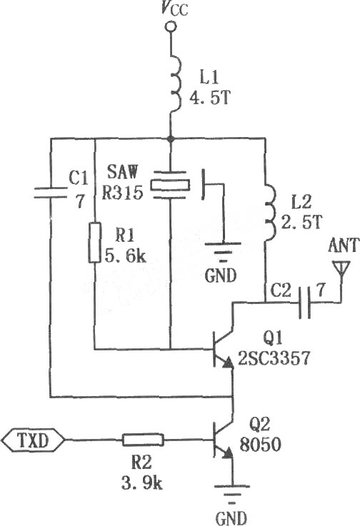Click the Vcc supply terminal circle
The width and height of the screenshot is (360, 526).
tap(171, 27)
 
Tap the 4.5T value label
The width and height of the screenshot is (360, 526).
tap(210, 98)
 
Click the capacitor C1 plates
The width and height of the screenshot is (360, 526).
tap(51, 193)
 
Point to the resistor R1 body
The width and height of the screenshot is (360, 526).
tap(95, 242)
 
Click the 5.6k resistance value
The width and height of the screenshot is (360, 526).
tap(126, 256)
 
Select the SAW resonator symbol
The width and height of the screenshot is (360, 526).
tap(170, 185)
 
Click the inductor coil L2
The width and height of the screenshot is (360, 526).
tap(270, 212)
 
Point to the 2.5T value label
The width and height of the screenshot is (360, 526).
tap(301, 222)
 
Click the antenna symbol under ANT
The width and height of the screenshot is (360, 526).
tap(341, 268)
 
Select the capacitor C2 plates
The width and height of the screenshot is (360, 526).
tap(304, 302)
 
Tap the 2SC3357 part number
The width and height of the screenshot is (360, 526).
tap(274, 358)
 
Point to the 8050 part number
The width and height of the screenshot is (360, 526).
tap(260, 445)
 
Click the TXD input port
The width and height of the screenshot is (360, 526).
tap(33, 440)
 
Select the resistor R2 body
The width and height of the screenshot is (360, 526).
tap(143, 440)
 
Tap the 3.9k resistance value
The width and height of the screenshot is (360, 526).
tap(141, 483)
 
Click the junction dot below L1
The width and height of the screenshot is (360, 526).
tap(171, 138)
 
